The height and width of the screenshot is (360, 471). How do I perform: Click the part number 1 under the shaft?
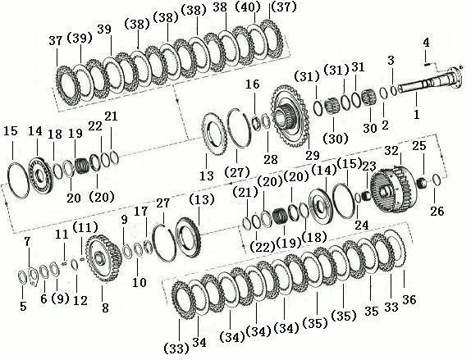(416, 114)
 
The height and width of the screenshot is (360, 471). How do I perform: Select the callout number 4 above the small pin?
(426, 43)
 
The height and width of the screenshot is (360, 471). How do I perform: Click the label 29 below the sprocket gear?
(313, 155)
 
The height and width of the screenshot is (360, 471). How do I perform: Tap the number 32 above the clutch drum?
(391, 151)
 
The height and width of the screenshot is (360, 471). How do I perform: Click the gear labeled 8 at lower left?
(104, 258)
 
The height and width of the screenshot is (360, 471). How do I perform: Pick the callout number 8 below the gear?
(105, 308)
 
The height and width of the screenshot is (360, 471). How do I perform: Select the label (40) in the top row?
(247, 8)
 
